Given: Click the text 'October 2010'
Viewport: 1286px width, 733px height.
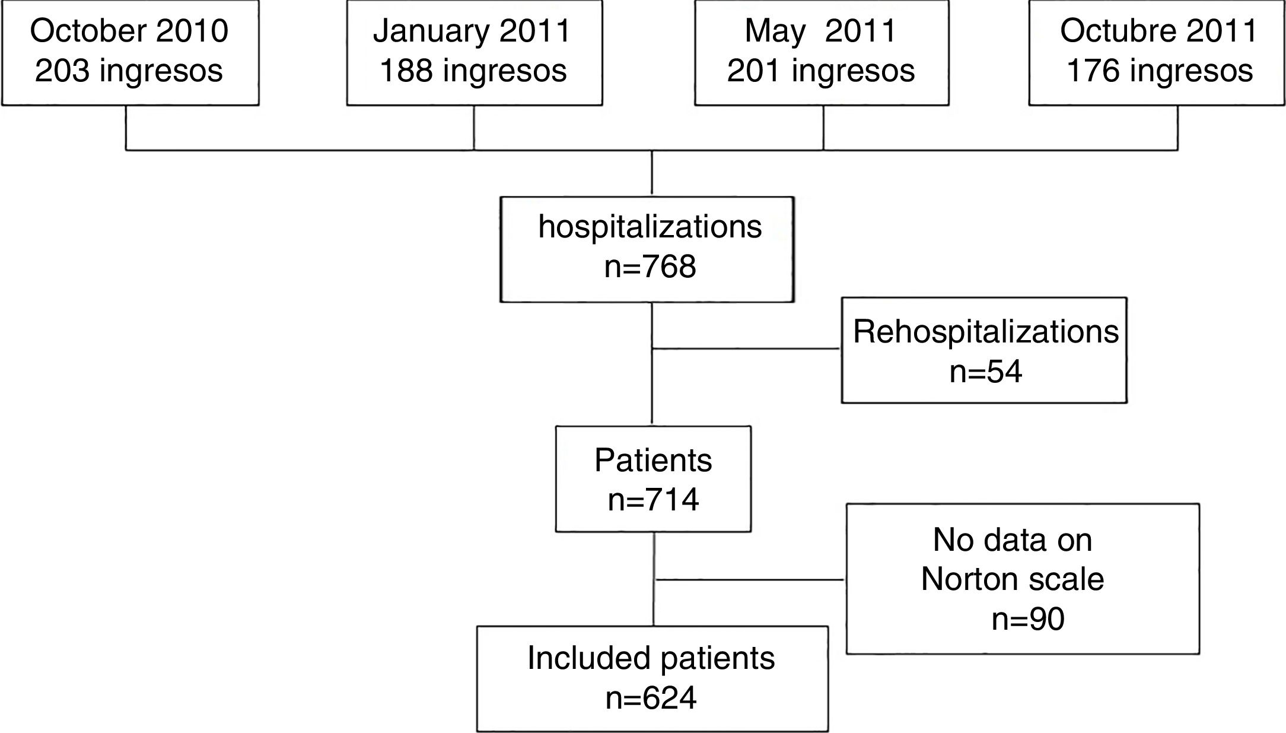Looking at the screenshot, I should click(x=129, y=31).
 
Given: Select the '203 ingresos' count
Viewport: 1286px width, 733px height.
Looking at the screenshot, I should click(x=129, y=71).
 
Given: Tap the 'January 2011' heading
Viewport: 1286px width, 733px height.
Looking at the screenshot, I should click(x=472, y=31).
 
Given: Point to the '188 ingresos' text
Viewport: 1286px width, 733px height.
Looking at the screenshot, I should click(x=473, y=71).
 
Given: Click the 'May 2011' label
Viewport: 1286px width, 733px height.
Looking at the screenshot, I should click(x=820, y=31).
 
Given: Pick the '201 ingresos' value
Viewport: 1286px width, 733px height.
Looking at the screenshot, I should click(x=821, y=71).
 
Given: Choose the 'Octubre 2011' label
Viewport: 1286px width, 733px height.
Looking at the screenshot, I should click(x=1158, y=31).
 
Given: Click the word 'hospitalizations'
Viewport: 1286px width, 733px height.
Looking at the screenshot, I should click(x=650, y=227).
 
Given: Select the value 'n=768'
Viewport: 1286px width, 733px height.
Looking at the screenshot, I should click(x=650, y=266).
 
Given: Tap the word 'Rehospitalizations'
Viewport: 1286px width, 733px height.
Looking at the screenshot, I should click(x=986, y=331).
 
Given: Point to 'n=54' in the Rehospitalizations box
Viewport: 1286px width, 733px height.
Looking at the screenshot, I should click(x=986, y=372).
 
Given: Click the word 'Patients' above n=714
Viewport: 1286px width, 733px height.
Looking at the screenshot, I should click(x=653, y=460).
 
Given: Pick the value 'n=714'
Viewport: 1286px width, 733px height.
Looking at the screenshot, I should click(x=653, y=500).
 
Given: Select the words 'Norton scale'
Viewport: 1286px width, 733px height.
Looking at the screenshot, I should click(x=1013, y=579).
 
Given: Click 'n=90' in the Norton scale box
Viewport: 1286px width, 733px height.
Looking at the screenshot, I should click(x=1028, y=619).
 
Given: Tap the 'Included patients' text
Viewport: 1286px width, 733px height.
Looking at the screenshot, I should click(x=651, y=658).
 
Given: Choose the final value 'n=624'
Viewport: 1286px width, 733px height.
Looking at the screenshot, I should click(x=651, y=698).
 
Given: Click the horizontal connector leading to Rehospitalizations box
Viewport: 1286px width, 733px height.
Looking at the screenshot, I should click(x=746, y=348).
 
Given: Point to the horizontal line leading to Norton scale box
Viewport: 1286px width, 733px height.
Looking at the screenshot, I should click(x=750, y=579).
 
